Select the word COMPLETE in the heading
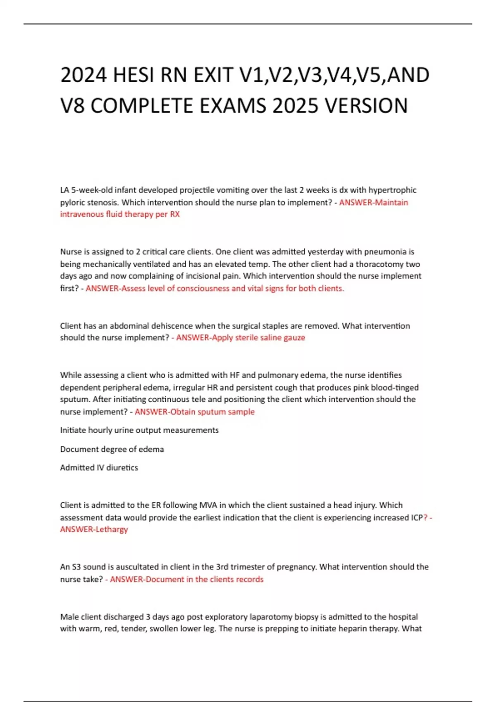click(x=142, y=106)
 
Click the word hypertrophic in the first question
click(x=392, y=190)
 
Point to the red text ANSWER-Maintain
click(x=373, y=202)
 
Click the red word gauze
click(x=293, y=337)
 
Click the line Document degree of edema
click(x=112, y=449)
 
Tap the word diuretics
click(x=122, y=467)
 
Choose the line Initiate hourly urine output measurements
click(x=139, y=430)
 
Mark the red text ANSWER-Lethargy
click(x=94, y=529)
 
